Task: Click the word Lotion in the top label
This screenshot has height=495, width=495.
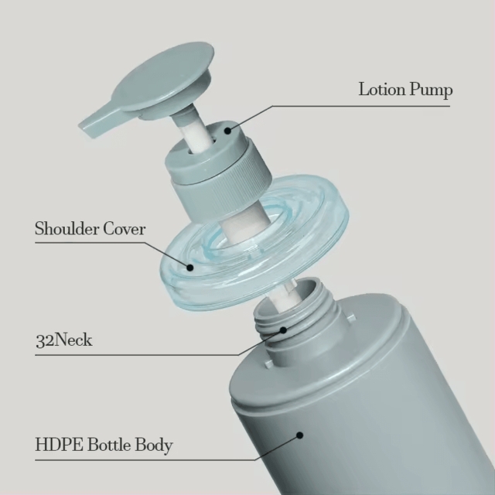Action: click(x=382, y=90)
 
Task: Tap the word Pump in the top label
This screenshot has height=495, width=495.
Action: click(x=432, y=90)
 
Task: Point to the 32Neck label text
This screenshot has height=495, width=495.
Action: click(x=64, y=340)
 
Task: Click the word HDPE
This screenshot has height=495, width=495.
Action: click(x=59, y=445)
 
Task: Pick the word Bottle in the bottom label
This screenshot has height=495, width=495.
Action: click(x=109, y=445)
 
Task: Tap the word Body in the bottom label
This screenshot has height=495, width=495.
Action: click(x=154, y=445)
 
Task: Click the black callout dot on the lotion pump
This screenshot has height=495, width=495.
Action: click(x=227, y=130)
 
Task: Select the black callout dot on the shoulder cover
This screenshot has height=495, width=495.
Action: click(x=189, y=268)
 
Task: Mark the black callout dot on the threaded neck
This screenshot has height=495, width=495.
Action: click(x=284, y=330)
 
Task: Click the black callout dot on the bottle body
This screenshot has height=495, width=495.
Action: click(x=300, y=435)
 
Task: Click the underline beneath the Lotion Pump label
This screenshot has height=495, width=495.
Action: click(x=360, y=106)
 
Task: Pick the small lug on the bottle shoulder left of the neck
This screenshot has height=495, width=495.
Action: click(x=268, y=364)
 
